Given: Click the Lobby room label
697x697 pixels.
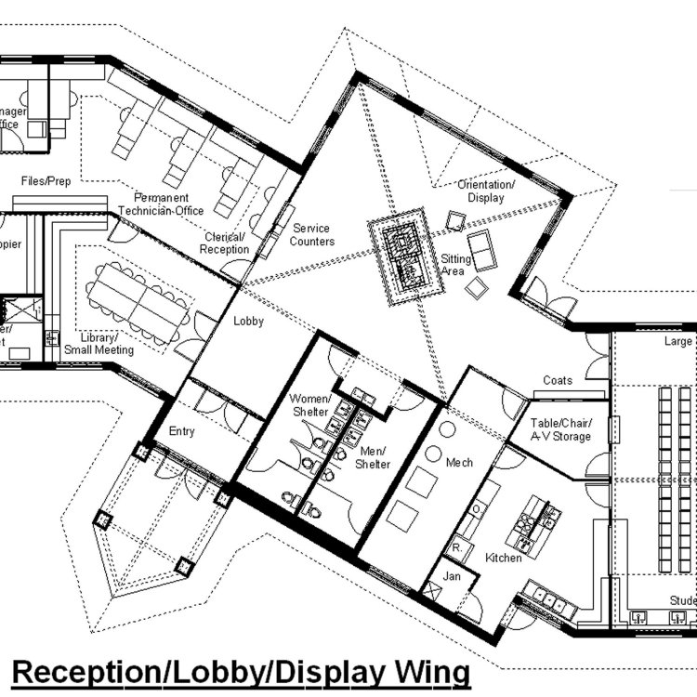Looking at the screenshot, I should (249, 322).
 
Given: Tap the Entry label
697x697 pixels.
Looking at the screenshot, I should (182, 431).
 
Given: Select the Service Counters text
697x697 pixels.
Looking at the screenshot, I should (312, 235).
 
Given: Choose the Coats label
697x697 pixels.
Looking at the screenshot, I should (559, 380).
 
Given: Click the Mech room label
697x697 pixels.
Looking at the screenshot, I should (459, 462).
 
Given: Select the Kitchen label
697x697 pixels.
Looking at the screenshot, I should (504, 558).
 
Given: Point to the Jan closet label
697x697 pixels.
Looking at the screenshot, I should (452, 577).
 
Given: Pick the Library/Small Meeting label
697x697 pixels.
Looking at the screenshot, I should (99, 344).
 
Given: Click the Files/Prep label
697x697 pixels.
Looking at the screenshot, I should (46, 180).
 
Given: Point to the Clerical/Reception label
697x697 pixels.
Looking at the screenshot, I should (226, 243).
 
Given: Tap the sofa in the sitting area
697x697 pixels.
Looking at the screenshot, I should (482, 249).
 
